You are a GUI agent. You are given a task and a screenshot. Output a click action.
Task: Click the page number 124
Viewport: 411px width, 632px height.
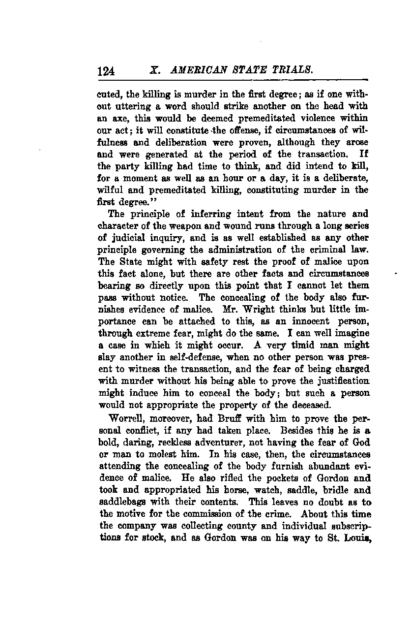coord(106,71)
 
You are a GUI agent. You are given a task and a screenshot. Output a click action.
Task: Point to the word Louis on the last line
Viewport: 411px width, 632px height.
coord(356,538)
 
